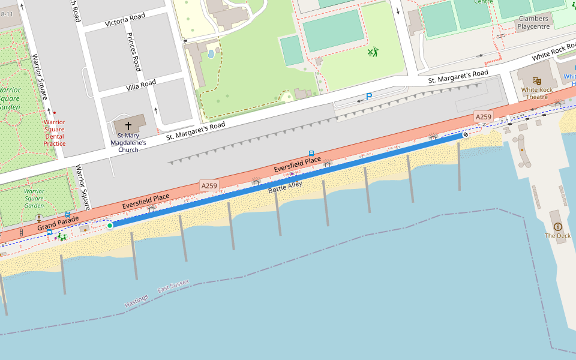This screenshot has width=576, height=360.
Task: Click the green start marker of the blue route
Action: [x=110, y=226]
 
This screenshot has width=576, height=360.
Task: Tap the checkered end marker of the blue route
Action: [x=465, y=135]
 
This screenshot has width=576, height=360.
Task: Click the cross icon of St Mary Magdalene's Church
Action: [x=128, y=126]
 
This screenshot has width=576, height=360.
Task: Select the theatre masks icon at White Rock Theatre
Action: [x=537, y=80]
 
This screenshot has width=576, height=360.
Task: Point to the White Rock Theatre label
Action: [x=537, y=94]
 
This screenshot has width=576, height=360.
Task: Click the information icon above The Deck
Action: [x=558, y=226]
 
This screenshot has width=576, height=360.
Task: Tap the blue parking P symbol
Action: [x=369, y=97]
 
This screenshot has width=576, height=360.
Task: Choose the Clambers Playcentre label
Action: [x=533, y=23]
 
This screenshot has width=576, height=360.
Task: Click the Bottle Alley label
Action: [x=286, y=187]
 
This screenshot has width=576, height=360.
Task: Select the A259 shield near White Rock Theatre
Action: [x=483, y=116]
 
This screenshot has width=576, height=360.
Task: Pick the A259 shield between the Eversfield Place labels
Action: [x=209, y=186]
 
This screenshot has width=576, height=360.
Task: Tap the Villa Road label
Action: [x=141, y=85]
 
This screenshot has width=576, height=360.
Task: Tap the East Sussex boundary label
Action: [x=173, y=286]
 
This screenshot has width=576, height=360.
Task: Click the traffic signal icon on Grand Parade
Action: [x=21, y=232]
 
